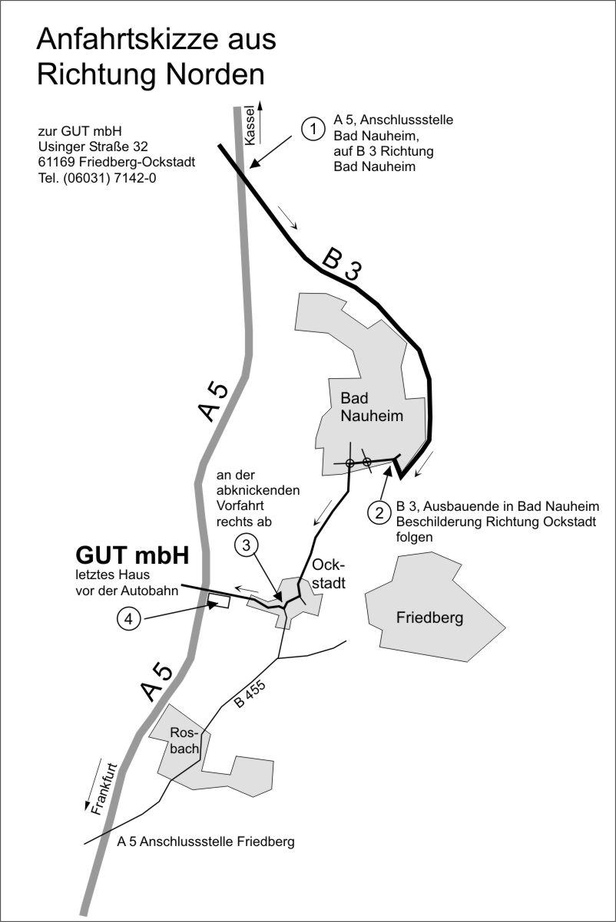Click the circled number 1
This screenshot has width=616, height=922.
(x=313, y=129)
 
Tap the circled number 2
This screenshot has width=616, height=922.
(x=379, y=513)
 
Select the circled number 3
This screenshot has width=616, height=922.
(x=246, y=545)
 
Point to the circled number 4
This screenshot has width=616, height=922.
(x=129, y=619)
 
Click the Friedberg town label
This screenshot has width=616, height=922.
(x=429, y=617)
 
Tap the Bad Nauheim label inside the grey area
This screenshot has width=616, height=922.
(x=372, y=407)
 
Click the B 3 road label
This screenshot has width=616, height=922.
(x=342, y=265)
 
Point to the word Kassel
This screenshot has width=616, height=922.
(x=250, y=126)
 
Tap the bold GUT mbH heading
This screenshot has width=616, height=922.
(x=132, y=555)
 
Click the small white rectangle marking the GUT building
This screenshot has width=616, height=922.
(x=218, y=601)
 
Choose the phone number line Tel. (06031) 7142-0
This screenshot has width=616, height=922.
(x=98, y=178)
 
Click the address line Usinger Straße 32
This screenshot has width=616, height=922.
(x=93, y=147)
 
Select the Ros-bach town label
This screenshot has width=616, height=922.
(x=184, y=740)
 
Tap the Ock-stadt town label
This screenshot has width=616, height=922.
(x=329, y=574)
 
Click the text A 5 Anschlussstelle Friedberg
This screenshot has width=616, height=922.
(x=206, y=841)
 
